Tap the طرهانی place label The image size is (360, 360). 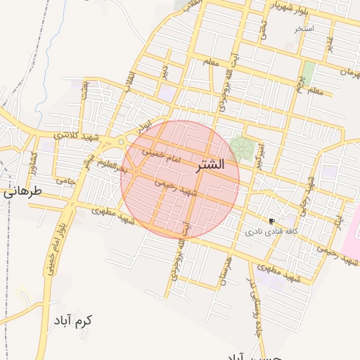point(23,191)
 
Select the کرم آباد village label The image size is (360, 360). point(72,321)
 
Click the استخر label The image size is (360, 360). point(304,29)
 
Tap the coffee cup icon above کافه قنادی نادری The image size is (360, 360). point(271,221)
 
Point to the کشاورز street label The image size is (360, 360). point(32,162)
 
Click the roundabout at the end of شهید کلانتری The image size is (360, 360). point(121,142)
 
